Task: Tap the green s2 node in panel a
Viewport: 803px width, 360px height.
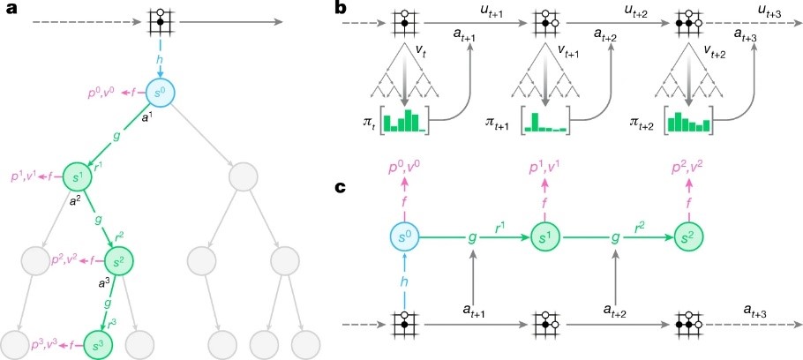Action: (x=119, y=261)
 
